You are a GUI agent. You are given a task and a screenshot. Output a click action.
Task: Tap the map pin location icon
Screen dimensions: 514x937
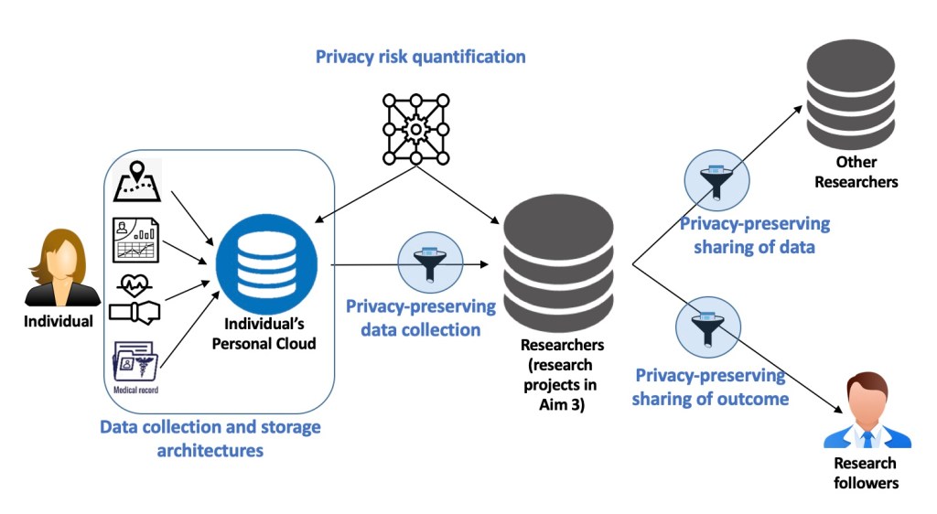[x=136, y=181]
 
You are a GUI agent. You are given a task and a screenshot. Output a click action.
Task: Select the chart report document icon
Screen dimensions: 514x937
[x=135, y=240]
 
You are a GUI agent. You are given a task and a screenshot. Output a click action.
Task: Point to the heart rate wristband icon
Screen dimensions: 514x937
[x=135, y=296]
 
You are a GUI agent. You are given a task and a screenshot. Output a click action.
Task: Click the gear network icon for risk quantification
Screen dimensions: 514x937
[x=415, y=129]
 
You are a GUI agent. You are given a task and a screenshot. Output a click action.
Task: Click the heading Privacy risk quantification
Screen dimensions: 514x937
[x=420, y=57]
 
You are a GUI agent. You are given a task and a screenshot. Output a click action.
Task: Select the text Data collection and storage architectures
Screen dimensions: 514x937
[x=210, y=438]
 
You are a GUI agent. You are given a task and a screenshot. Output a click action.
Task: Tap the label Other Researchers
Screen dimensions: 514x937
[x=856, y=172]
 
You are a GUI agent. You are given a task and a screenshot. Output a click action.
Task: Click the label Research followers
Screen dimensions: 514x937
[x=865, y=473]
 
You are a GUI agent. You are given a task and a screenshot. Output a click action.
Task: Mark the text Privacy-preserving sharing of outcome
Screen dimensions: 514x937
[x=710, y=387]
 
